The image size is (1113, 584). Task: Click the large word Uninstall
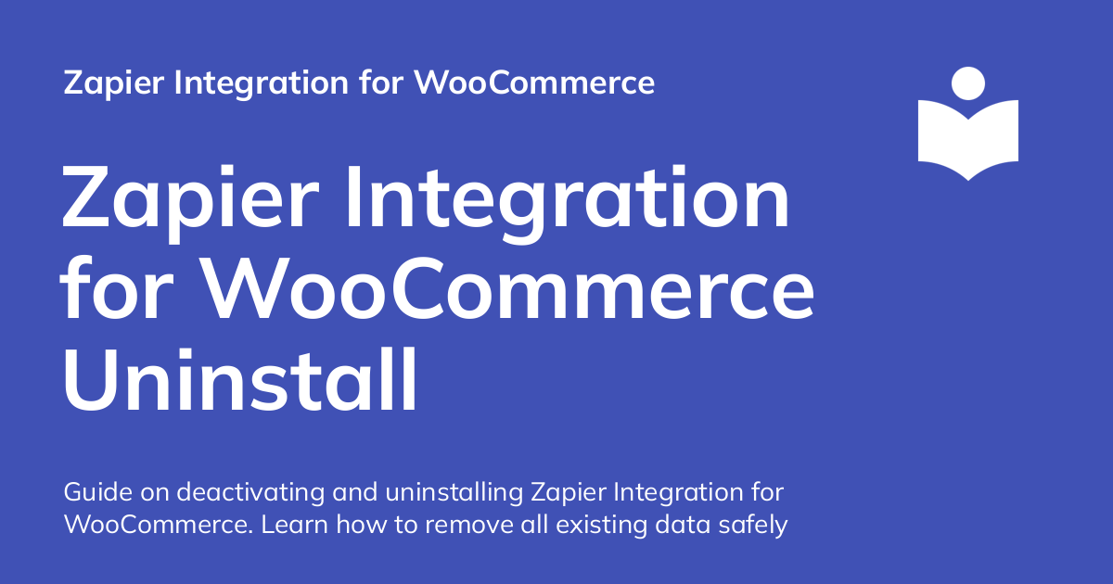tap(239, 378)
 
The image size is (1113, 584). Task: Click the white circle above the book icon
tap(967, 83)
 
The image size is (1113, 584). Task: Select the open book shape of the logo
tap(967, 139)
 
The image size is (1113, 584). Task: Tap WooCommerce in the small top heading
tap(534, 83)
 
